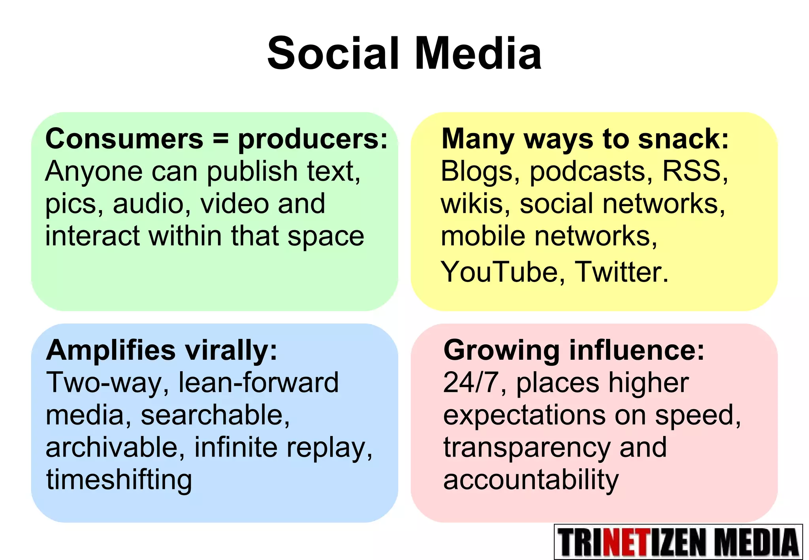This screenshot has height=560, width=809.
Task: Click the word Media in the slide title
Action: pos(478,54)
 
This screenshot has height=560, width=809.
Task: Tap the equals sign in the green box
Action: pos(220,139)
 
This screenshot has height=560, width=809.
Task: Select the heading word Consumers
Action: pos(124,139)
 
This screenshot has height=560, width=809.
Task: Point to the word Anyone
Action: pos(94,172)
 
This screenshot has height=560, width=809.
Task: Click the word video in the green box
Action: pos(234,204)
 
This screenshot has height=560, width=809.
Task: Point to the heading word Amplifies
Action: pos(111,351)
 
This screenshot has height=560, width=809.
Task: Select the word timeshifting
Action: pos(119,480)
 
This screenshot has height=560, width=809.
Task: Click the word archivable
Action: pos(115,448)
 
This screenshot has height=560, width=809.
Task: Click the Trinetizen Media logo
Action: pos(678,542)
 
